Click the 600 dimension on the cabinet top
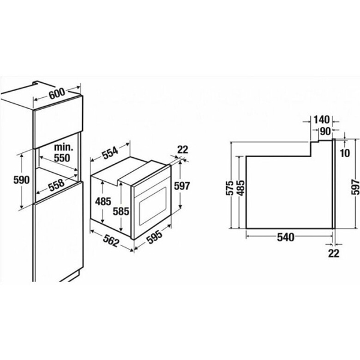(x=57, y=94)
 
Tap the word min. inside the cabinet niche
(x=64, y=148)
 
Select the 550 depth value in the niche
(x=62, y=158)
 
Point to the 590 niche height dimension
(x=22, y=180)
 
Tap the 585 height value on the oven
(x=121, y=211)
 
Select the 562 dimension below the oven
(x=112, y=241)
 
